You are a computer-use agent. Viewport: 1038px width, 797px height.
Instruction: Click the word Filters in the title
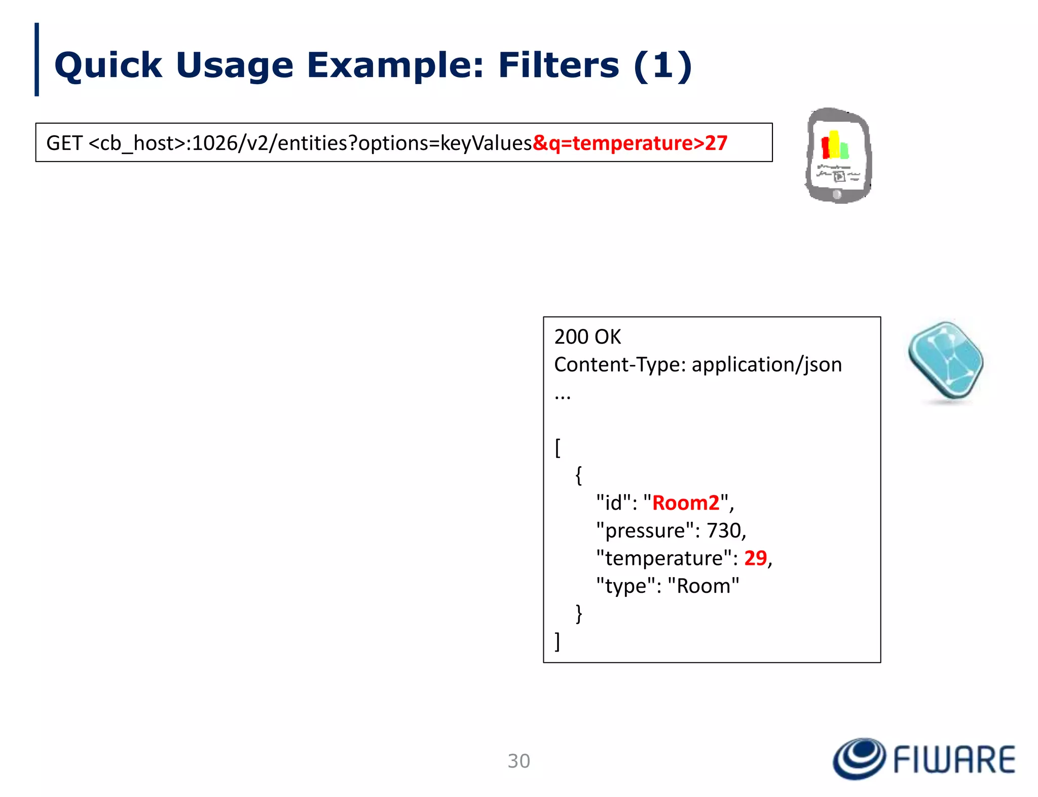(558, 65)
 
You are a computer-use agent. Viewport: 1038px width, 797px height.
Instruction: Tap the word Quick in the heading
(108, 65)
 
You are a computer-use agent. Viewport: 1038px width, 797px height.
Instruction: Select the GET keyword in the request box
(64, 143)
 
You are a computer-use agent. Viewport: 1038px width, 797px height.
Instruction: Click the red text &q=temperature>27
(629, 143)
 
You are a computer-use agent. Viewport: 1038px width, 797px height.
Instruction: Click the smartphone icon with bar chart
(838, 156)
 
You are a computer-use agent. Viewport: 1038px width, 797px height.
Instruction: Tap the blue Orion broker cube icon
(946, 361)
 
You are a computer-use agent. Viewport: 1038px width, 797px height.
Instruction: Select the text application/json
(766, 364)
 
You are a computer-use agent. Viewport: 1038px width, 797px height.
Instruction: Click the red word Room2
(685, 503)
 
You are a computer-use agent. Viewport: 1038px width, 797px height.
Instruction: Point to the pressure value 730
(724, 530)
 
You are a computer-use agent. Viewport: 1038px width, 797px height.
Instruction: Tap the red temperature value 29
(755, 558)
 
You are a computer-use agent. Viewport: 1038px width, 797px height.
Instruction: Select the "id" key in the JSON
(613, 503)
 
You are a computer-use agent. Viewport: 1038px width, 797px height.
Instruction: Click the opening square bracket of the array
(558, 447)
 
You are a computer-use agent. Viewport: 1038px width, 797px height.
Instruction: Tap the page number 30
(518, 761)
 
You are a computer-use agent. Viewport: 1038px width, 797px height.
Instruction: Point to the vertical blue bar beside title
(36, 59)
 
